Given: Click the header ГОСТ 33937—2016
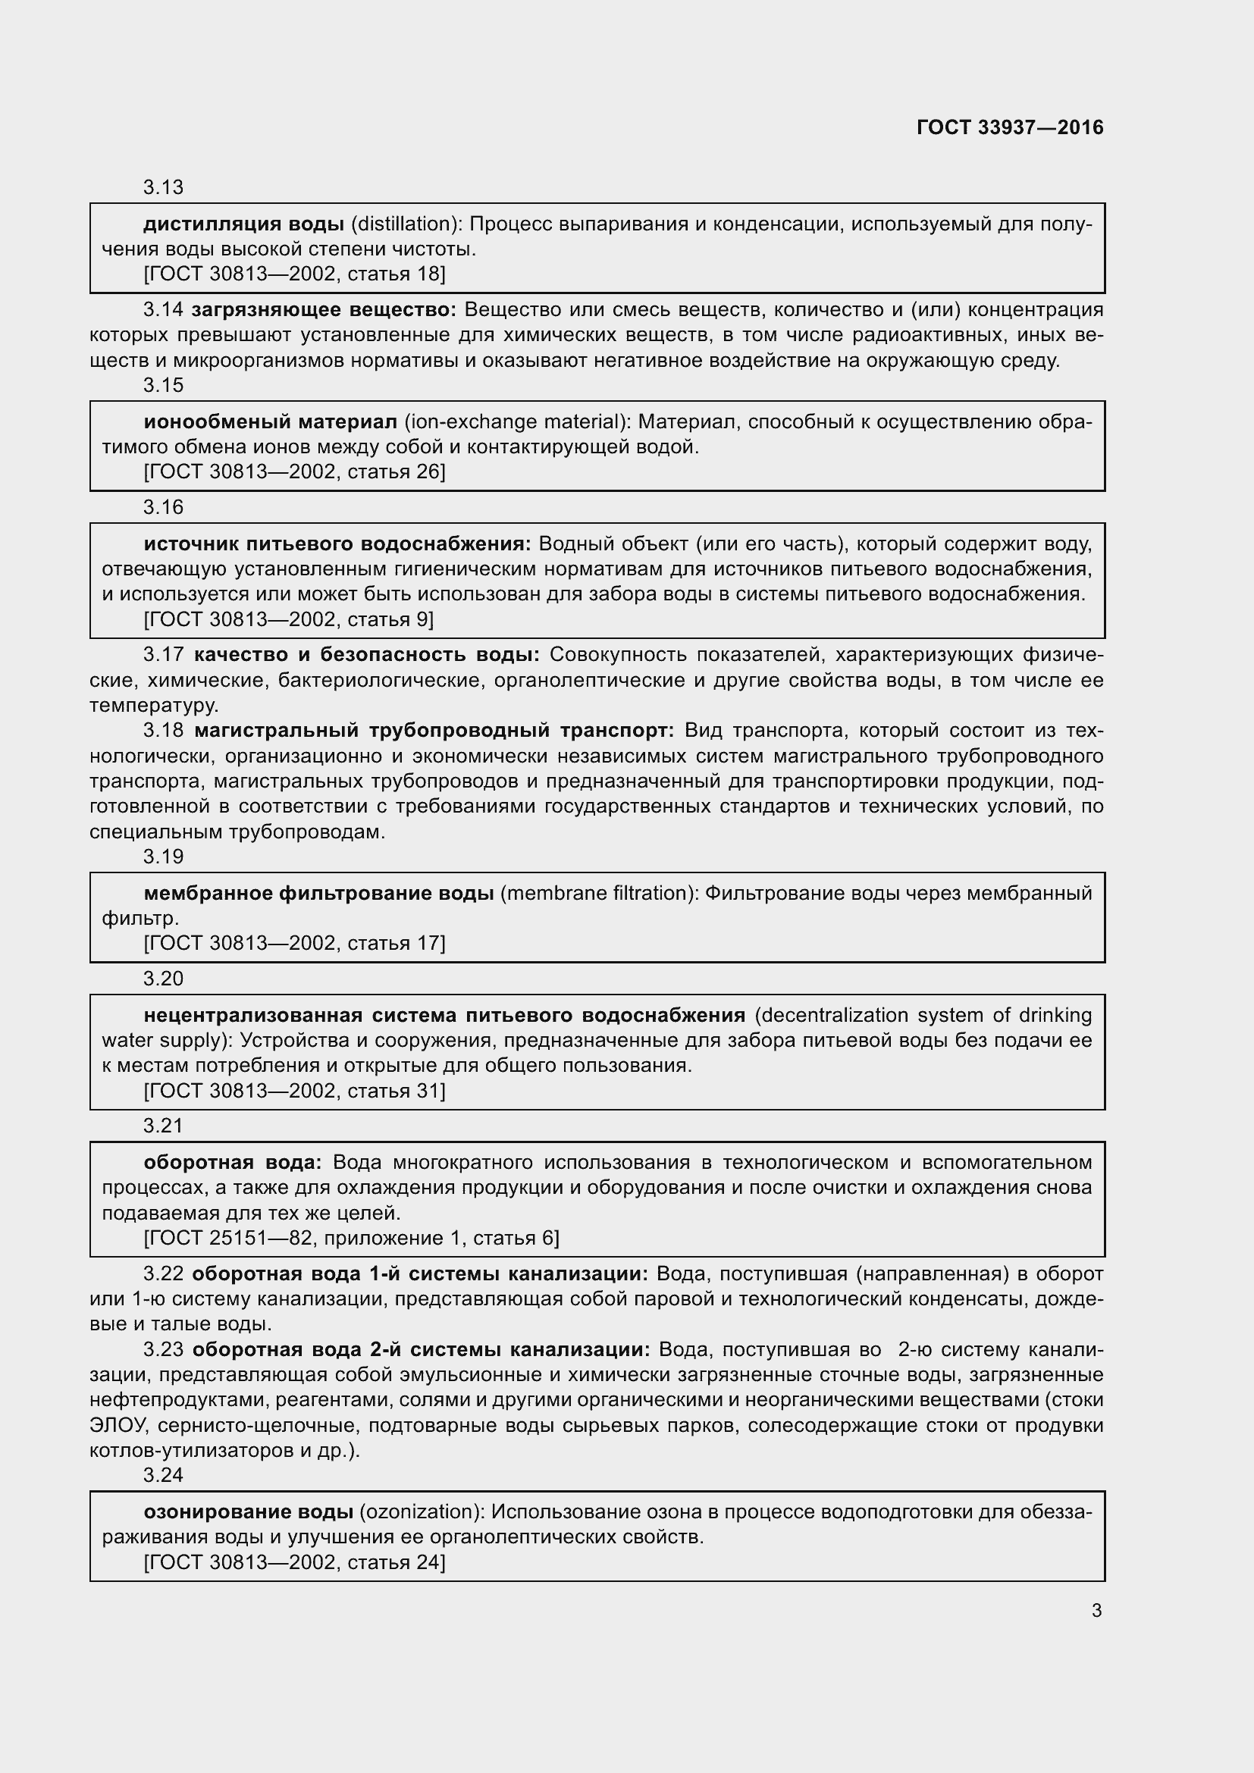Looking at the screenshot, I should [x=1010, y=127].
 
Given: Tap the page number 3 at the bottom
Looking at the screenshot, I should [x=1096, y=1610].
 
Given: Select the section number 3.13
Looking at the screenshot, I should [x=163, y=187].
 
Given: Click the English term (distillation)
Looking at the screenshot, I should [x=406, y=224].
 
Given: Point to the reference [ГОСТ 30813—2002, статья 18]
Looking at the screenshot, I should [x=294, y=274].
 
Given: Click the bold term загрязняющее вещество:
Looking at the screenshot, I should [x=324, y=310].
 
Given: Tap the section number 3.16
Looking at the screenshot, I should [x=163, y=506].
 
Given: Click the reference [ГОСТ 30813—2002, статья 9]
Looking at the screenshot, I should [x=288, y=619].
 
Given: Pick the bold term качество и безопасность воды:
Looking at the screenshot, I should [x=367, y=655].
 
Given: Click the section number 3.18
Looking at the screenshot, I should [x=163, y=730].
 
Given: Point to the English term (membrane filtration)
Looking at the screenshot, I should [x=599, y=893].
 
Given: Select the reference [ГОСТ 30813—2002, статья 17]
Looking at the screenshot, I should [x=294, y=942].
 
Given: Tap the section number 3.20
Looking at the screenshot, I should [x=163, y=979].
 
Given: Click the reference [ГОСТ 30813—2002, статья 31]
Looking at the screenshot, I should [x=294, y=1090].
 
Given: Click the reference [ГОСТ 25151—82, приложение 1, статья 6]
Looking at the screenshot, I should [x=351, y=1238].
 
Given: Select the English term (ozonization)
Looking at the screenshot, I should [x=422, y=1511].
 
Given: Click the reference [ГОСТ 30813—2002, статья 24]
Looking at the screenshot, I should [x=294, y=1562].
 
